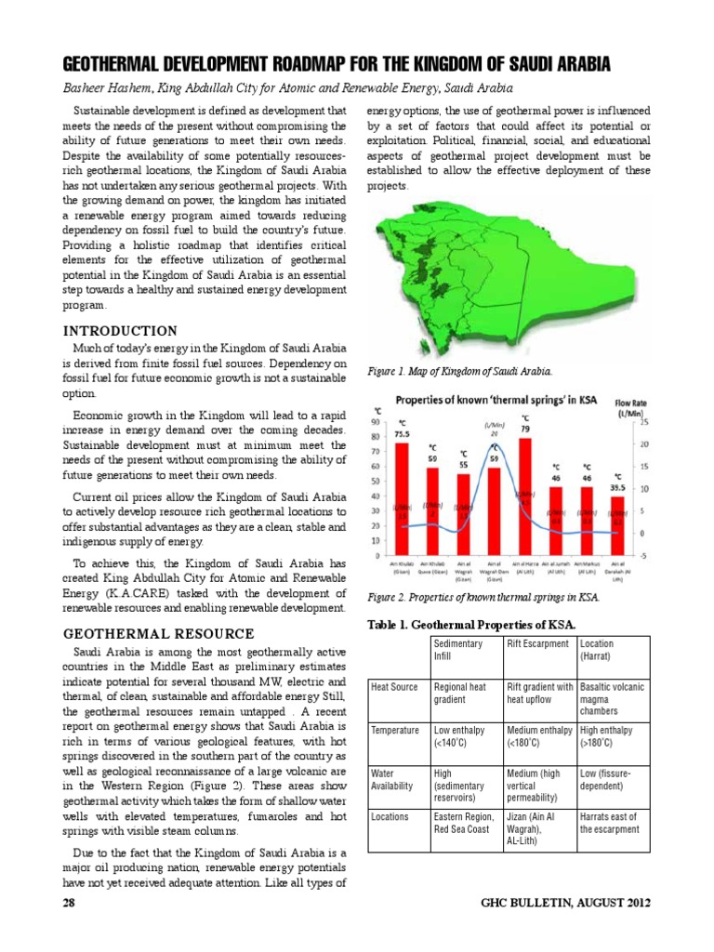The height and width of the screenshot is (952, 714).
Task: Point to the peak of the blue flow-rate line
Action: [x=495, y=444]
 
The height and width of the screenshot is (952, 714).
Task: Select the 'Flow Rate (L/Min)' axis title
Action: [x=635, y=406]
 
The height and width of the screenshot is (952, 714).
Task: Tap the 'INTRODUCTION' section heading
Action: [x=119, y=330]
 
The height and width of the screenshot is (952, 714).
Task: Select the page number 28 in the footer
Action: [x=70, y=903]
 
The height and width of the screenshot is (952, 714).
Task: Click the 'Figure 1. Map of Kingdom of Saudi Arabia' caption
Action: [x=459, y=371]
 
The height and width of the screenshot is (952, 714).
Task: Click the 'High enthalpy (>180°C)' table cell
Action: [x=610, y=737]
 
